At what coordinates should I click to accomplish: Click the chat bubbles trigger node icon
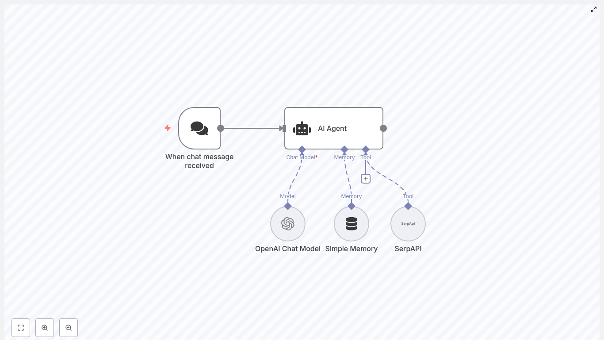[x=199, y=128]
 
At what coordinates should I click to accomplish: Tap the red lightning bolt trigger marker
[x=168, y=128]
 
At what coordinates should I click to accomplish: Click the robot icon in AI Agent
[x=302, y=129]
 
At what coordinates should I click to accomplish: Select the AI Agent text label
[x=332, y=128]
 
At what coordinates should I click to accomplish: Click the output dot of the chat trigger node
[x=221, y=128]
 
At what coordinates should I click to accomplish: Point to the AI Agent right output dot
[x=383, y=128]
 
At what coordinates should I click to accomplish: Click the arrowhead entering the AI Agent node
[x=282, y=128]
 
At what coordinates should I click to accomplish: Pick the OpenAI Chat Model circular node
[x=288, y=224]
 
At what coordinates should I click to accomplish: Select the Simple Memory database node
[x=352, y=224]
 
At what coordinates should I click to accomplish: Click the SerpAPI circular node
[x=408, y=224]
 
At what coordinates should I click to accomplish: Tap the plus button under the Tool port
[x=366, y=179]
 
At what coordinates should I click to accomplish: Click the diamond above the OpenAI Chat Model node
[x=288, y=206]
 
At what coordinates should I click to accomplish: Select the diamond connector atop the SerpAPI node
[x=408, y=206]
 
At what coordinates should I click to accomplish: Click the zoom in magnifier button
[x=45, y=328]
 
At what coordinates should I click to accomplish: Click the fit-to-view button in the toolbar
[x=21, y=328]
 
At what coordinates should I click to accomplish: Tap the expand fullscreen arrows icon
[x=594, y=9]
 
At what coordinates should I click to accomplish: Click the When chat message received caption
[x=199, y=161]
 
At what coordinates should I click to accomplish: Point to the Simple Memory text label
[x=352, y=249]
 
